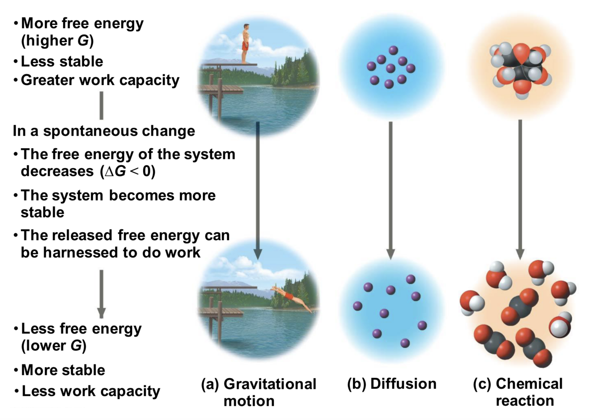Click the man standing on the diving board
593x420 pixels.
pos(246,44)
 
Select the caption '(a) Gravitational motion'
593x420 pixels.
pos(258,392)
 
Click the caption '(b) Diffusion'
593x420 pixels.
pos(392,384)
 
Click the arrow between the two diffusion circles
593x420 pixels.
pos(390,190)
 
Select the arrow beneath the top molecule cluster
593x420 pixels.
pos(520,189)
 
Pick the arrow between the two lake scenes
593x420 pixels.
pos(257,190)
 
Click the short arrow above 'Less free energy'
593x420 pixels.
pos(101,293)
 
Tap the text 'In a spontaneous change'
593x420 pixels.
pos(104,131)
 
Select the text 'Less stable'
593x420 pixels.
pos(62,61)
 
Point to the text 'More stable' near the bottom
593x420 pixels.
pos(63,370)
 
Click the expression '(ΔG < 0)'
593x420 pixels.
pos(128,171)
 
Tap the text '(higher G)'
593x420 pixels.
pos(57,40)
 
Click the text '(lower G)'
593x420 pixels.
pos(54,346)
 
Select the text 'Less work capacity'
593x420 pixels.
pos(91,391)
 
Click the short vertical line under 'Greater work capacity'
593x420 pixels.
pos(101,105)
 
